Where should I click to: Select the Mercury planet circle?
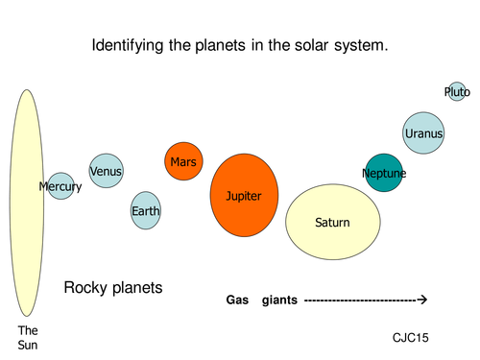point(61,185)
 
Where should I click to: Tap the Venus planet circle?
point(106,171)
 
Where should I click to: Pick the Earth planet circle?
point(146,210)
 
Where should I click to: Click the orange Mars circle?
point(182,162)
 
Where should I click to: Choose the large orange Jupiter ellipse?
point(245,195)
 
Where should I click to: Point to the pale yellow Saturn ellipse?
point(332,222)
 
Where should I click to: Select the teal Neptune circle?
point(384,173)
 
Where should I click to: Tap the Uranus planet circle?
point(424,133)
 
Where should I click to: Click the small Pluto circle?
point(457,92)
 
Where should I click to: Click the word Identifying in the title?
point(129,45)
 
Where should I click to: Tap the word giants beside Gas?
point(278,300)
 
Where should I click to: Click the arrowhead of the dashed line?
point(422,300)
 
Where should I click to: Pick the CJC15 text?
point(410,338)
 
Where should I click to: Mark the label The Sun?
point(28,337)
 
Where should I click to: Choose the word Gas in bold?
point(237,300)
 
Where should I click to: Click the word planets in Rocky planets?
point(135,287)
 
